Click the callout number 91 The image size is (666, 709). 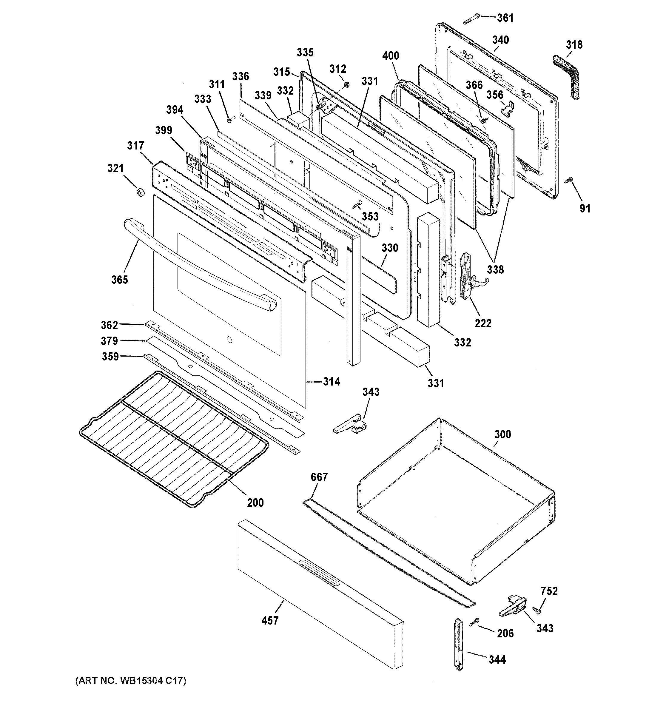(585, 208)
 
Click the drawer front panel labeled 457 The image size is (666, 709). (321, 592)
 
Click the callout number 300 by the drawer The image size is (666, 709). (502, 434)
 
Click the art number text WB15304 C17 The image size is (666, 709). (130, 680)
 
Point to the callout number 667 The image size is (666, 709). (319, 477)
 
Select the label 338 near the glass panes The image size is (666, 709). (495, 270)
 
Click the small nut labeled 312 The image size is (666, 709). (347, 84)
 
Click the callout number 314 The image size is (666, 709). (331, 382)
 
